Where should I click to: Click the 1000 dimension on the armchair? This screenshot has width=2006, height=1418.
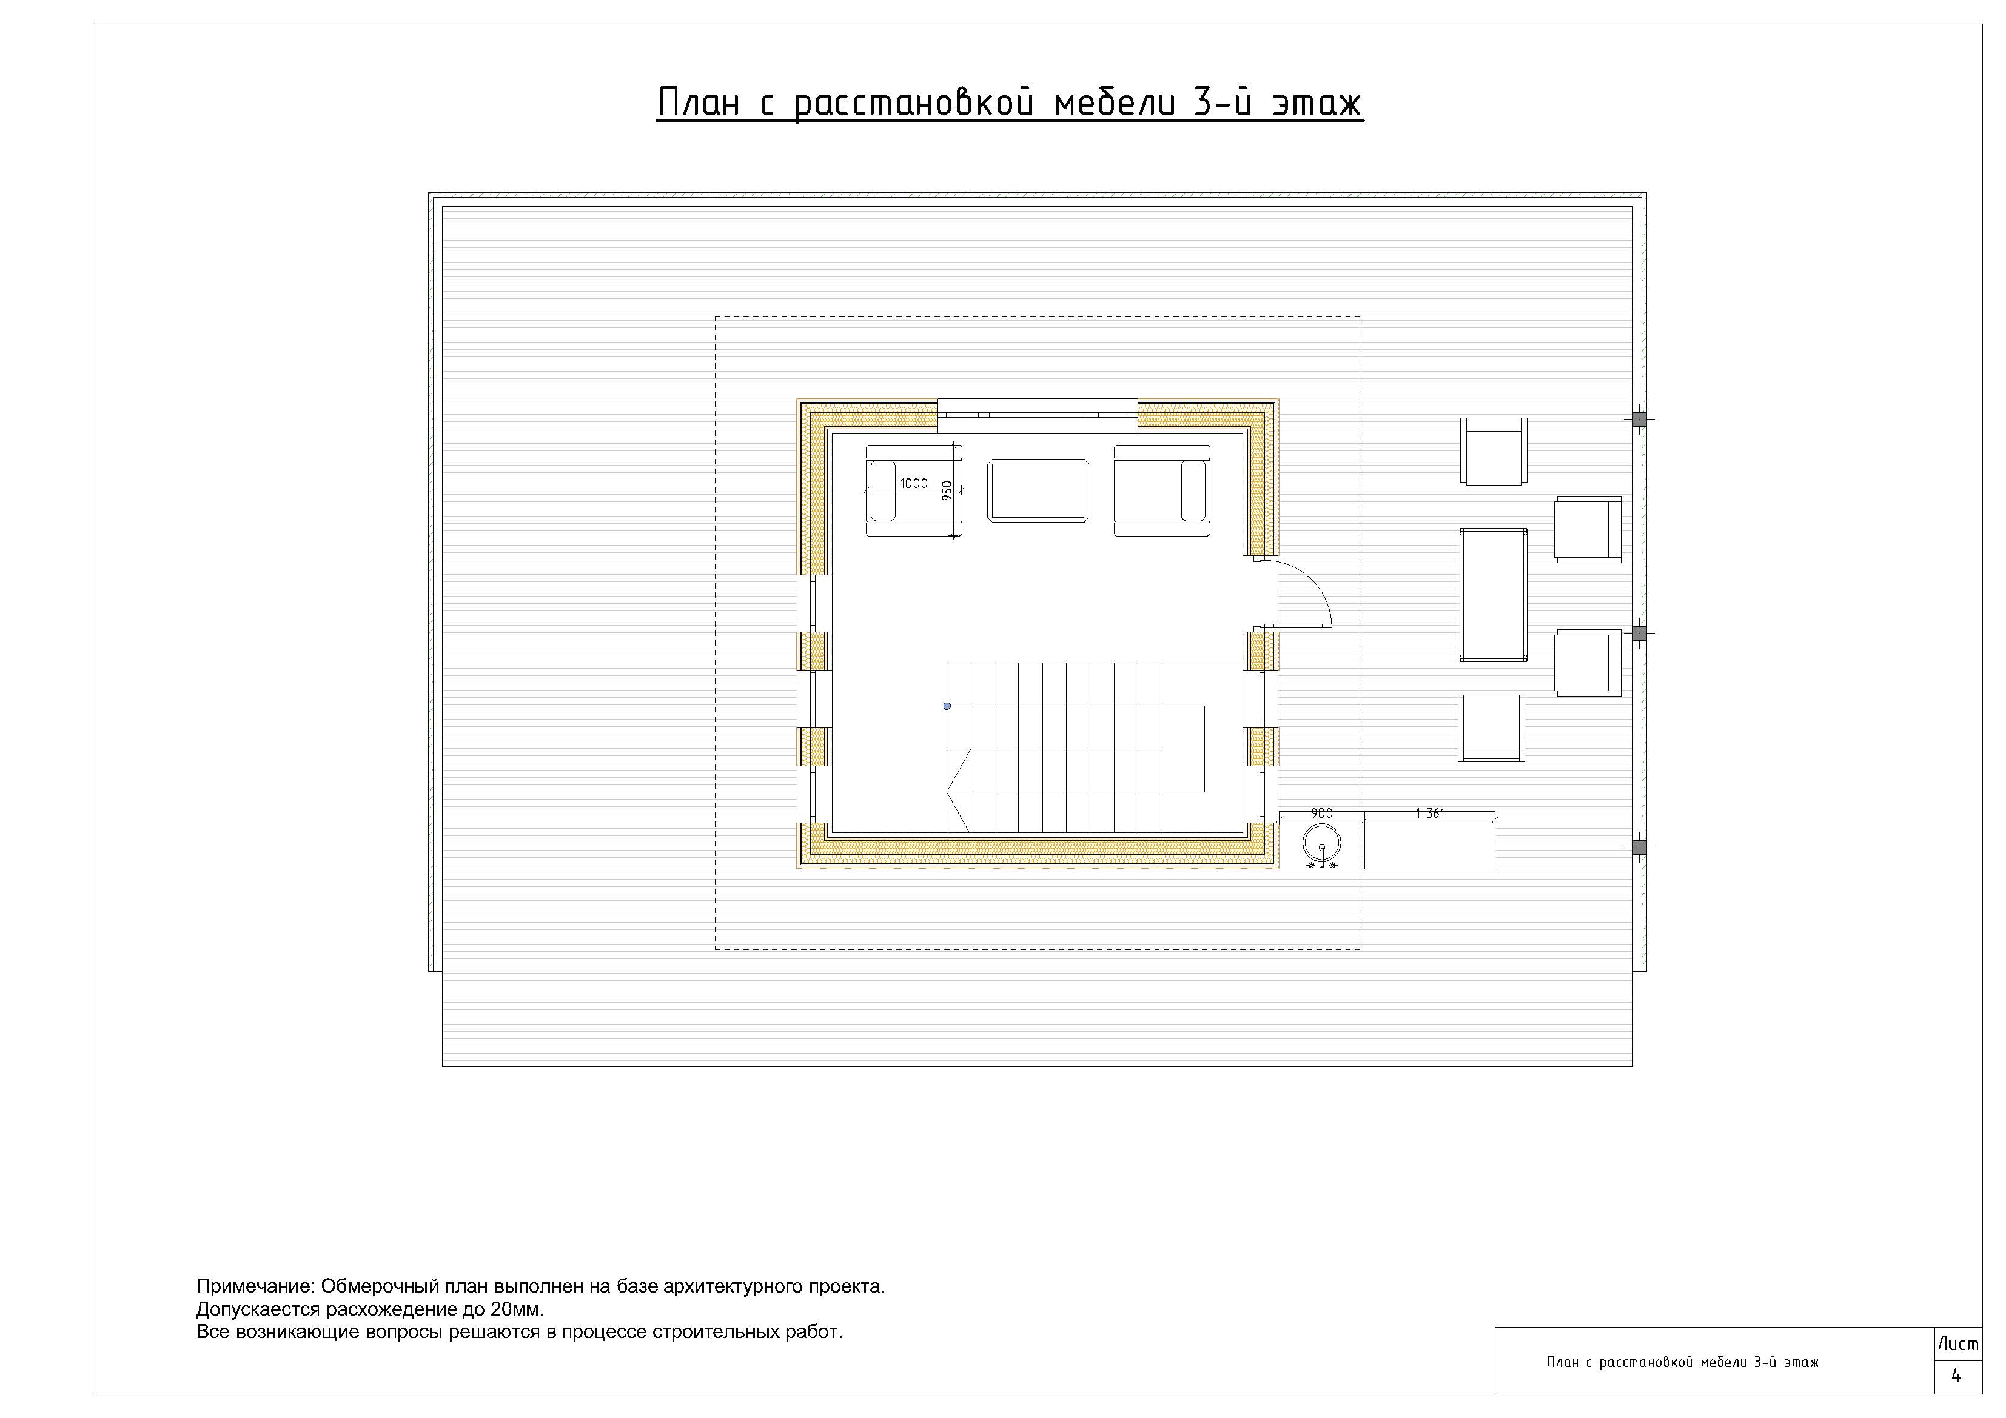point(914,483)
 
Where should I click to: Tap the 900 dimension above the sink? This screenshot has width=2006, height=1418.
point(1322,814)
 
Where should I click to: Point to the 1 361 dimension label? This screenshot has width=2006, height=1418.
point(1429,814)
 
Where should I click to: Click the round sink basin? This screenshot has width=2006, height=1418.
point(1321,844)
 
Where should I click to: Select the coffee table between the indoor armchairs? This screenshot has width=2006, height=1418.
point(1038,491)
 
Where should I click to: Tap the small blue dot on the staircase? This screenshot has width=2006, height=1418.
point(947,706)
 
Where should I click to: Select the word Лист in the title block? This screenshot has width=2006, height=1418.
point(1958,1344)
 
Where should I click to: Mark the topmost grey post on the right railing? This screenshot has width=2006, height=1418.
point(1640,420)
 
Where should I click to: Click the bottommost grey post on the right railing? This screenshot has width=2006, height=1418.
point(1640,848)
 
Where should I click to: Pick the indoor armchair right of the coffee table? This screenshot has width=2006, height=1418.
point(1162,490)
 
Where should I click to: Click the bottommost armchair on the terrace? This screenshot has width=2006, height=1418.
point(1491,727)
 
